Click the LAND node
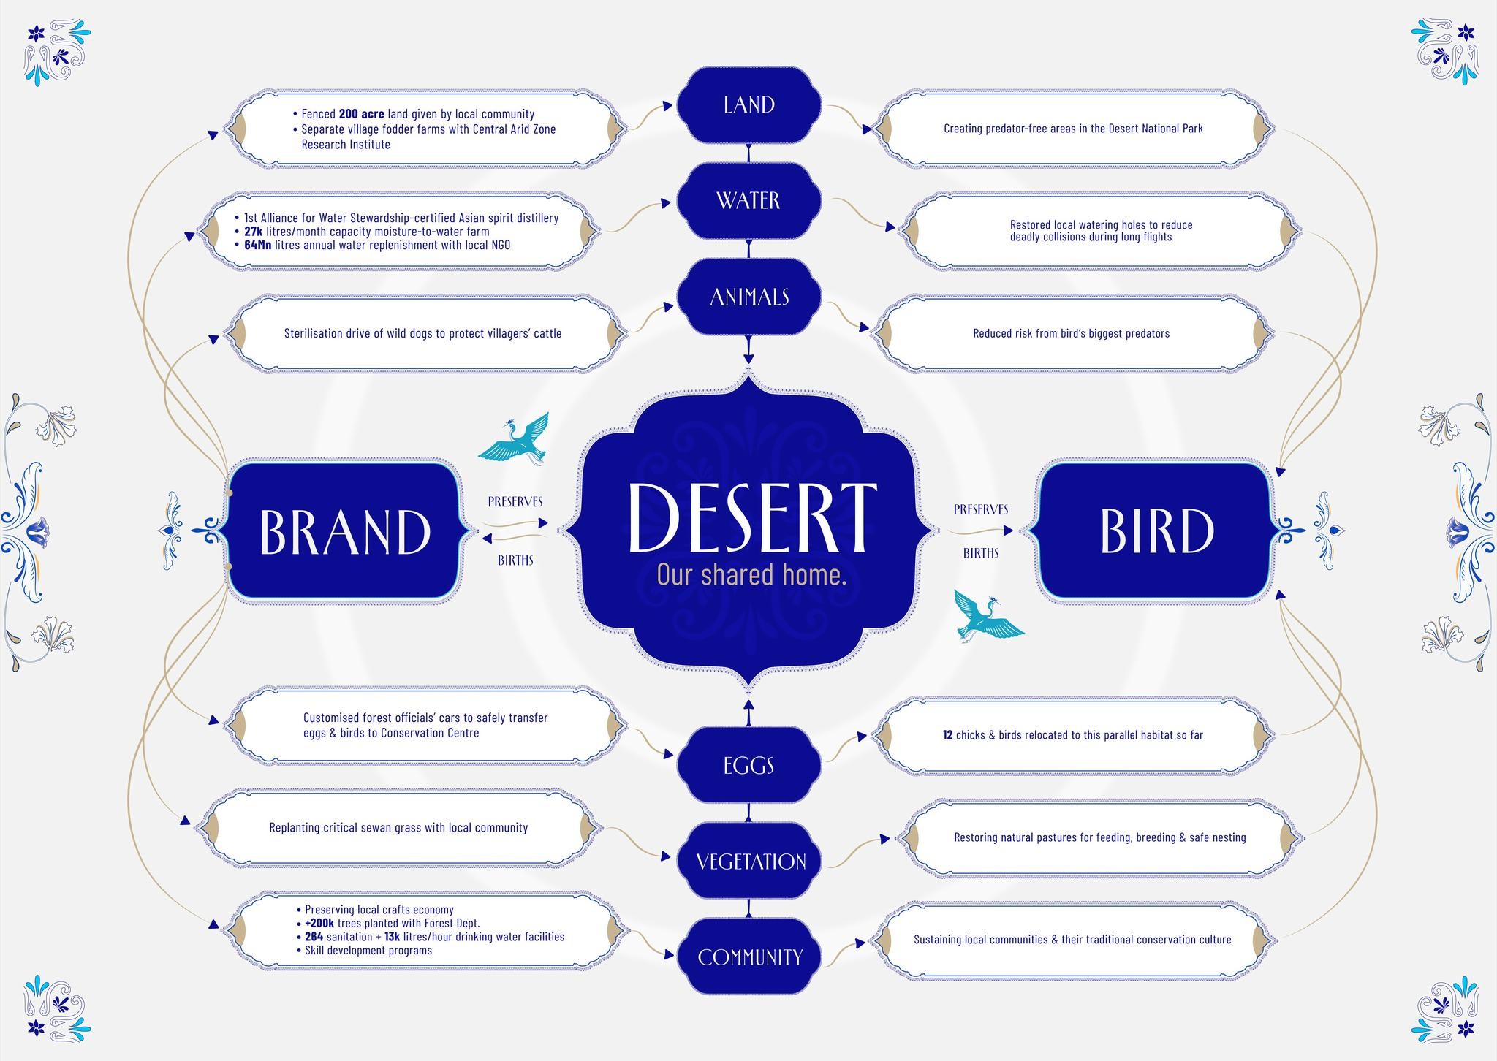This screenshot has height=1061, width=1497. tap(749, 105)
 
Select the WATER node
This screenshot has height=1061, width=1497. tap(749, 200)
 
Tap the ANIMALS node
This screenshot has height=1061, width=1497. tap(749, 297)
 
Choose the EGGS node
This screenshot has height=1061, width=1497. tap(749, 766)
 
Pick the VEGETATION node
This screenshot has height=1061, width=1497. tap(751, 862)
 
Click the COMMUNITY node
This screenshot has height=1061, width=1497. tap(750, 957)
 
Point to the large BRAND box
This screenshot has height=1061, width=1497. tap(345, 531)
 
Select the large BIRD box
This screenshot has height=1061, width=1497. tap(1156, 531)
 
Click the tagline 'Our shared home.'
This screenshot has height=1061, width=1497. tap(751, 575)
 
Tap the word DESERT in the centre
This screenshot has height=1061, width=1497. tap(751, 517)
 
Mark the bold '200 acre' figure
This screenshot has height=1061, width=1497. tap(361, 114)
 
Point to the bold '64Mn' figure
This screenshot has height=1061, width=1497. tap(257, 245)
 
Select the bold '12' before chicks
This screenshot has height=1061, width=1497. tap(947, 735)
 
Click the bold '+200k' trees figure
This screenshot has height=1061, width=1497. tap(319, 924)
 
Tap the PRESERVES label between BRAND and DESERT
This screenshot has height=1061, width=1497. tap(515, 501)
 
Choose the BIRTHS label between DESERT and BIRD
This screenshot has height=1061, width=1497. tap(980, 553)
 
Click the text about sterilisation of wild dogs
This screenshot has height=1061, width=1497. tap(422, 333)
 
